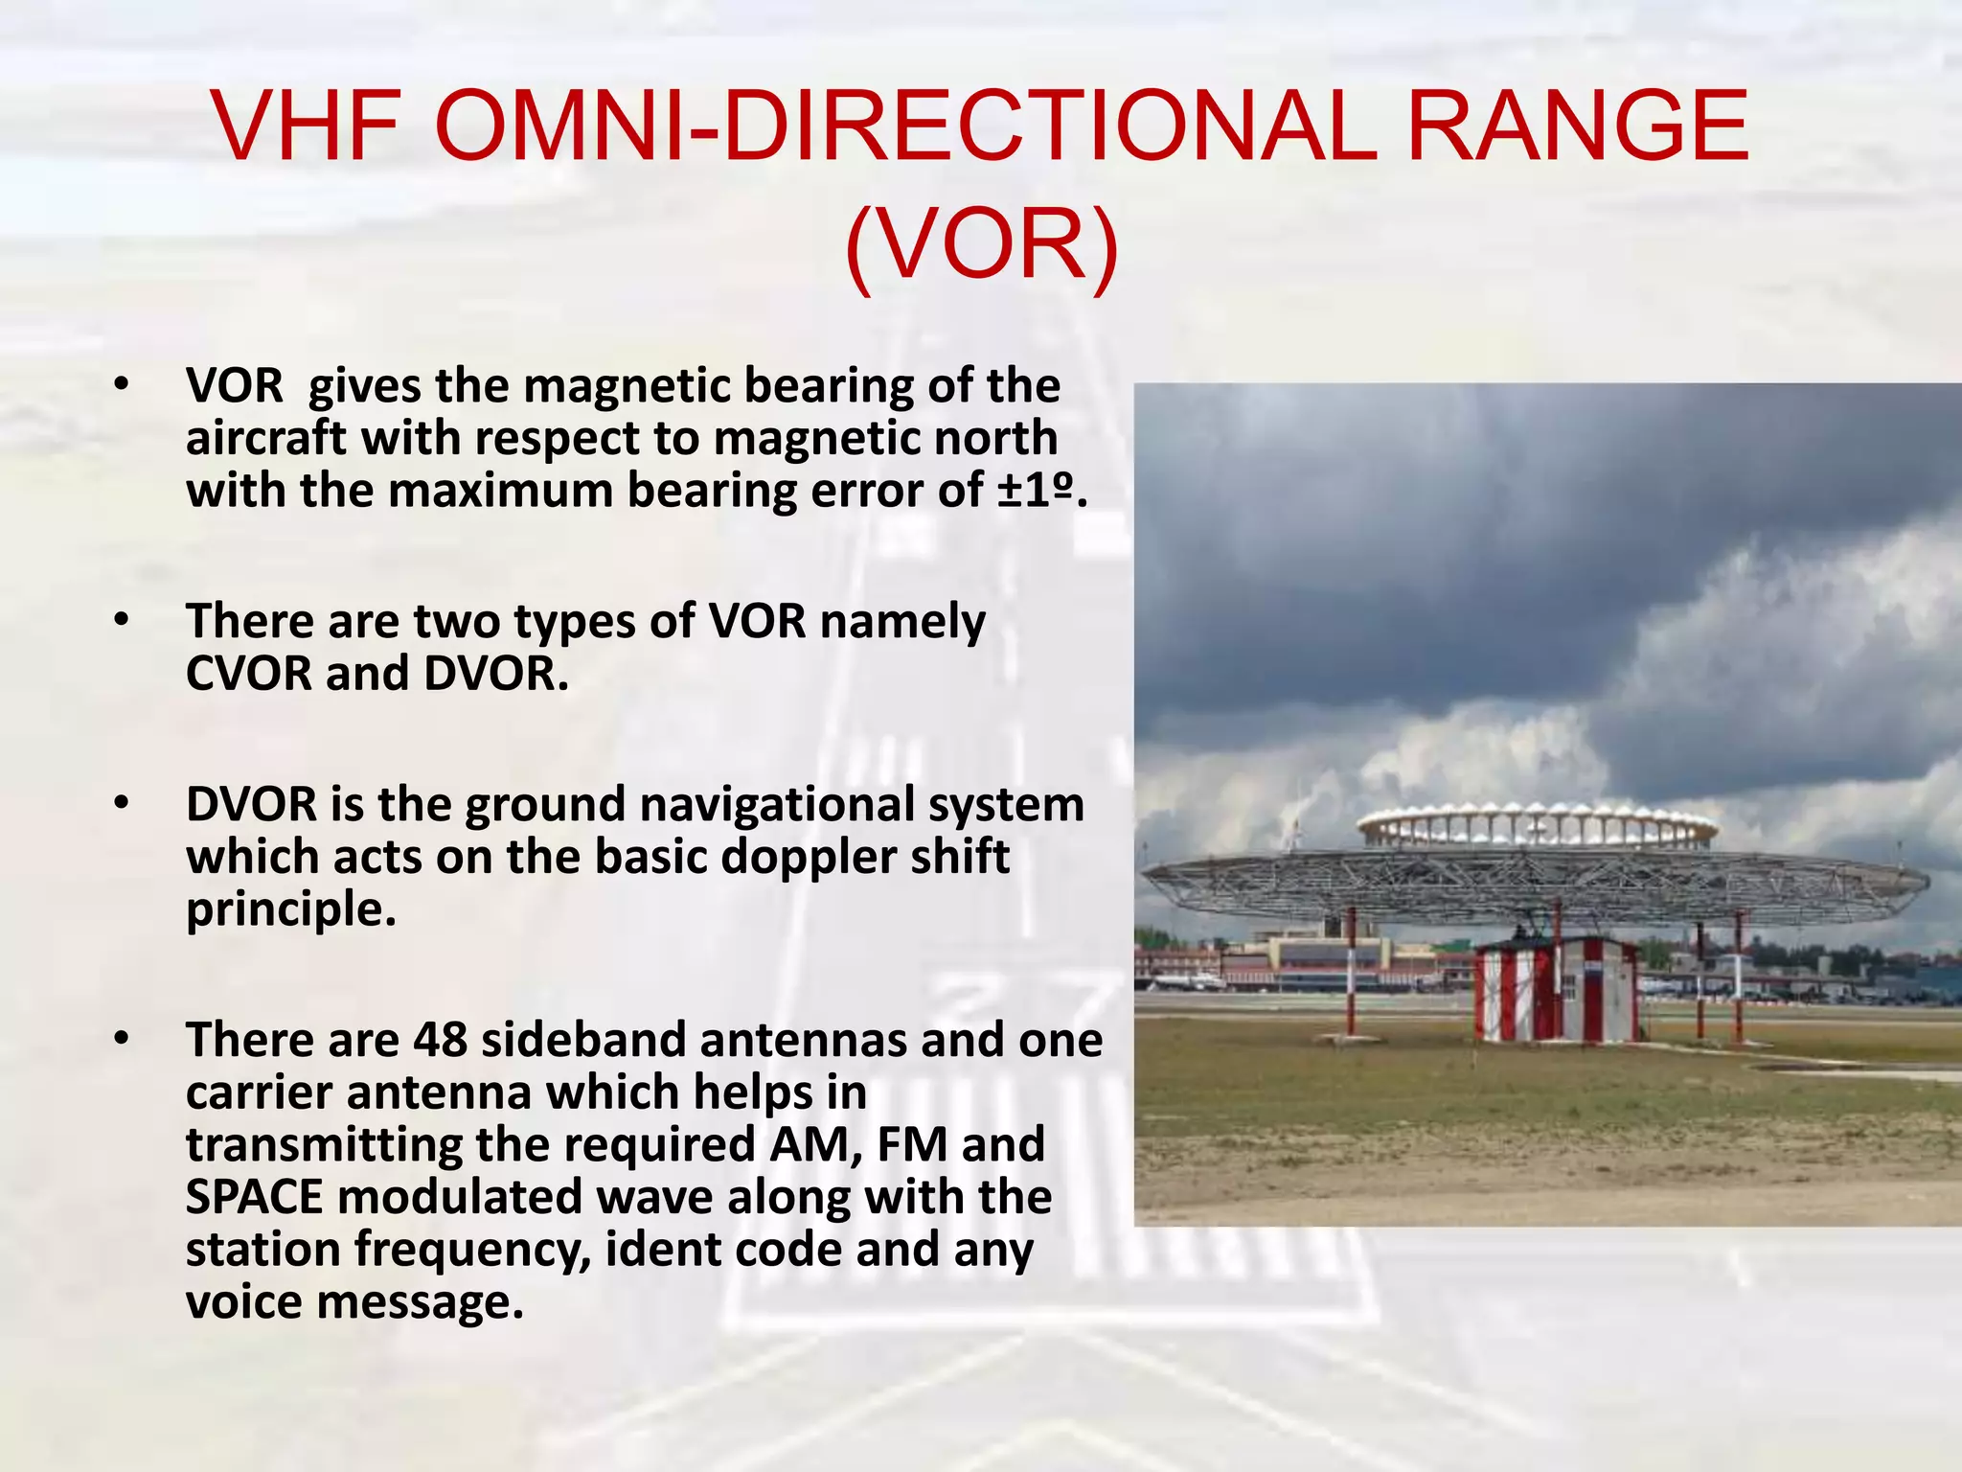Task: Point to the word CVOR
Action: tap(248, 673)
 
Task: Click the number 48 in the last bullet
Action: tap(440, 1040)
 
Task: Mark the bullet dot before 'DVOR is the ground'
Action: tap(120, 803)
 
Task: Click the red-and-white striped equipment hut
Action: tap(1556, 991)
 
